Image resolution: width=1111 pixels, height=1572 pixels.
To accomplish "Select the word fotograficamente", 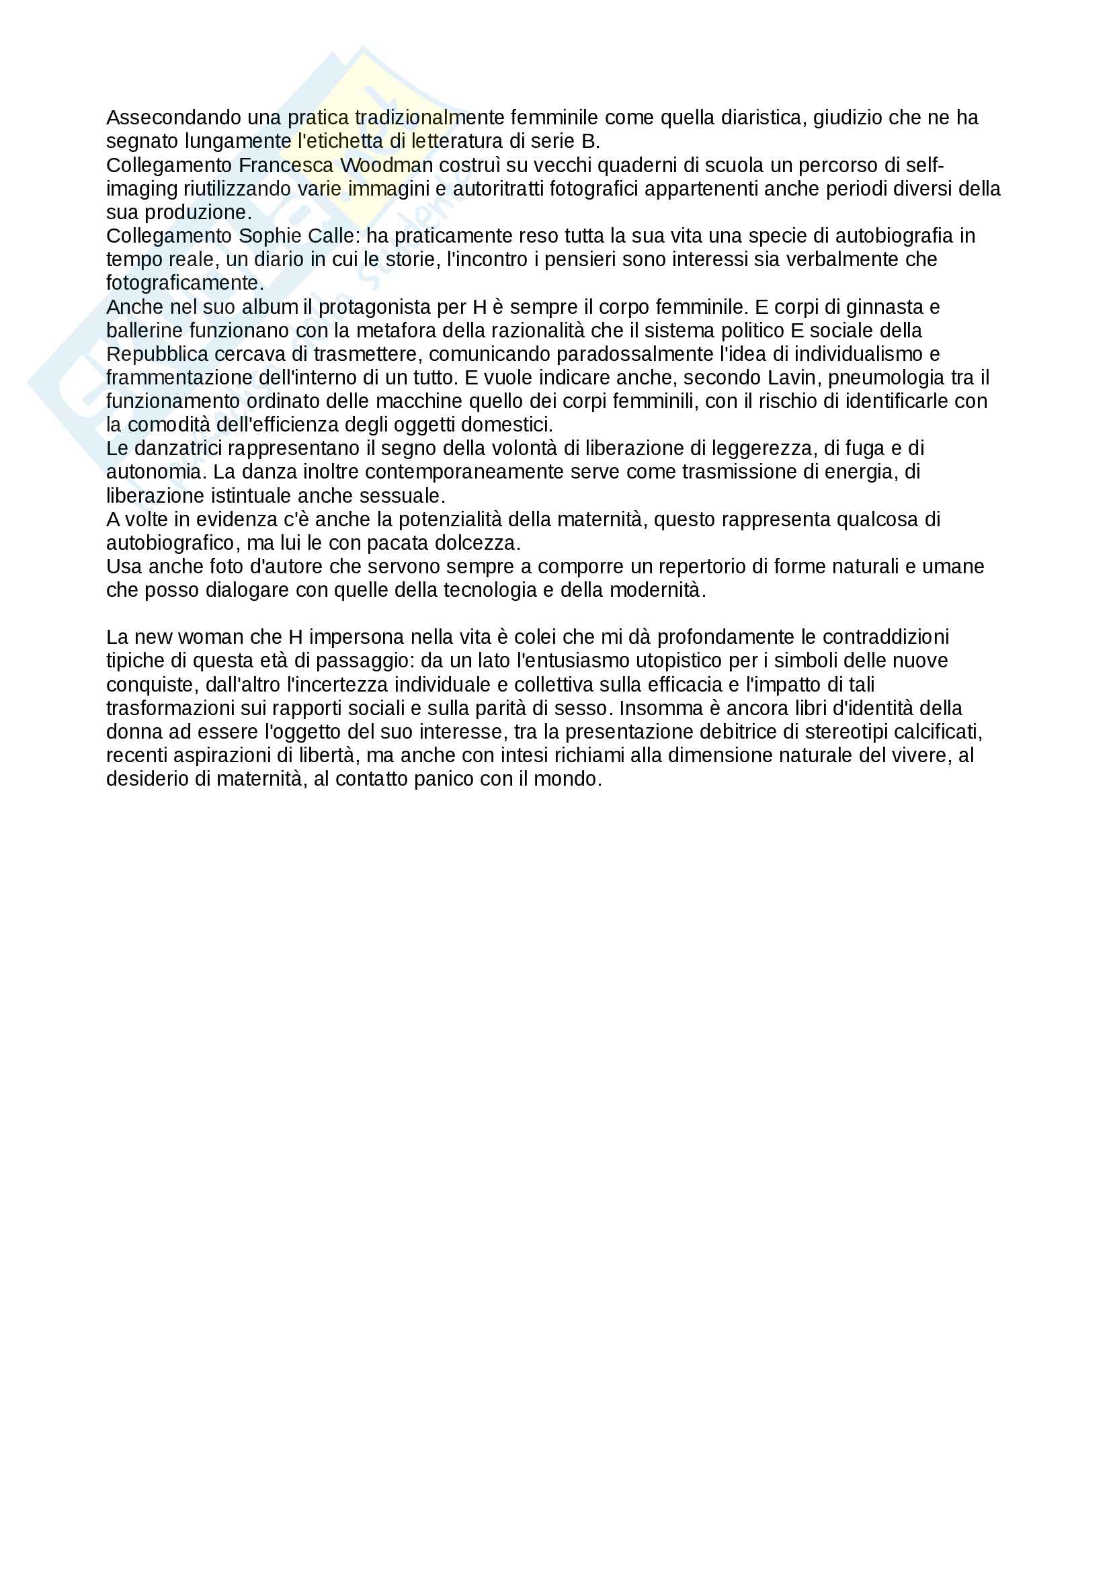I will pyautogui.click(x=185, y=283).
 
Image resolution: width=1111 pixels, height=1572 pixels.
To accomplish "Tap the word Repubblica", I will pyautogui.click(x=157, y=354).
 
